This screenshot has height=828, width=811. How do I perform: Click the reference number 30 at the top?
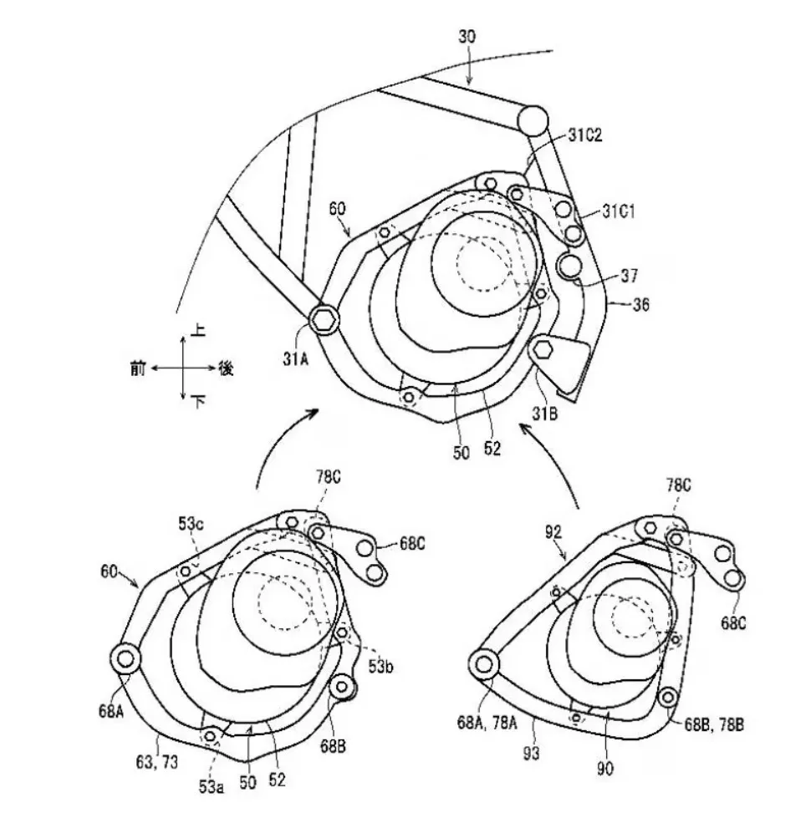coord(467,37)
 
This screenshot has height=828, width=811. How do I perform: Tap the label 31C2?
coord(585,135)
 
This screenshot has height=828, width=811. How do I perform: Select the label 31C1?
coord(618,211)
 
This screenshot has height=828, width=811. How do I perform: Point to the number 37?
coord(630,275)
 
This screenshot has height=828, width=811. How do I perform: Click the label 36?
coord(640,305)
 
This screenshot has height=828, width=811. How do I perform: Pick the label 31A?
coord(295,359)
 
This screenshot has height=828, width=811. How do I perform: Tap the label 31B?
coord(545,414)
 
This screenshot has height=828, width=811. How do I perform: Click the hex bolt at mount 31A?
coord(324,318)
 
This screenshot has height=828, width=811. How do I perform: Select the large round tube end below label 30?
coord(533,119)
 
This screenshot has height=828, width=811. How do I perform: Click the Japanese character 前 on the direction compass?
coord(138,368)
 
